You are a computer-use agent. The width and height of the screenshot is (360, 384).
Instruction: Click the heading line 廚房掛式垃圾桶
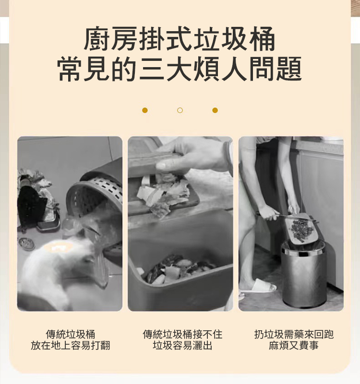(180, 40)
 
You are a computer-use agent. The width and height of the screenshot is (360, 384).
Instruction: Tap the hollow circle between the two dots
(180, 110)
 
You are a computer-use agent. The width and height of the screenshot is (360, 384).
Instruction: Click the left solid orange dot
(145, 110)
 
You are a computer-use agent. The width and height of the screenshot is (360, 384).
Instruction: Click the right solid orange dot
(215, 110)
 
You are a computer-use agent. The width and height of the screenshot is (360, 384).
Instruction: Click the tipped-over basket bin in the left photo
(96, 197)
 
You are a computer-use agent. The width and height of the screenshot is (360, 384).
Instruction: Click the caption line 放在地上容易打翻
(70, 346)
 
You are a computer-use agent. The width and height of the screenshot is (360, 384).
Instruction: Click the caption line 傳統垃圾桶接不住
(182, 334)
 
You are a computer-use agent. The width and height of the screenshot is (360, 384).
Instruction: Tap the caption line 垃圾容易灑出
(182, 346)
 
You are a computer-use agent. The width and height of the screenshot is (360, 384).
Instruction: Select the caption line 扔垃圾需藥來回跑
(294, 334)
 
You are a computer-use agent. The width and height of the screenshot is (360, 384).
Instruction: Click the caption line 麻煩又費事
(294, 346)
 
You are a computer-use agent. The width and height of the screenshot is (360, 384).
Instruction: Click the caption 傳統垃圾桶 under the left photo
(70, 334)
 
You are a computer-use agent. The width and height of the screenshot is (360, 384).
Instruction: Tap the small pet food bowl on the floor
(26, 244)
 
